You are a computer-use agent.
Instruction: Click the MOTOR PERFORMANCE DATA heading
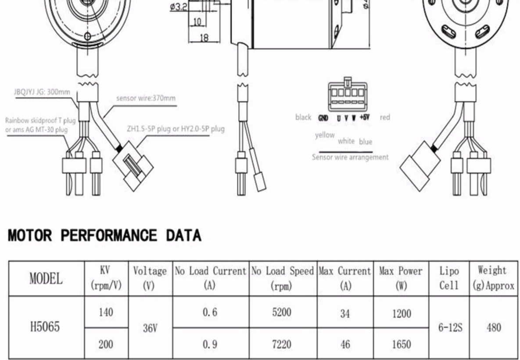[104, 235]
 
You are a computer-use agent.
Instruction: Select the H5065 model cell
[45, 327]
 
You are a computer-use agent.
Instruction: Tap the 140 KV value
[106, 312]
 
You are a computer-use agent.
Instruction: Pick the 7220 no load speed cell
[282, 344]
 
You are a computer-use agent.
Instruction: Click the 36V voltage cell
[150, 328]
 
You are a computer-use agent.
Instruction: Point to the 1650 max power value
[401, 344]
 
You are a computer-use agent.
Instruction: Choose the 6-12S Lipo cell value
[450, 328]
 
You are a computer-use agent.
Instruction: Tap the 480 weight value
[494, 328]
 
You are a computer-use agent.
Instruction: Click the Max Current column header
[345, 278]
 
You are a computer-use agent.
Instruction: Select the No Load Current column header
[211, 278]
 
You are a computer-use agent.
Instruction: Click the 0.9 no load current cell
[210, 344]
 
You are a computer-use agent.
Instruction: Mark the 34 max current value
[345, 314]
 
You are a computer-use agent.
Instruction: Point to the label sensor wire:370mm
[146, 98]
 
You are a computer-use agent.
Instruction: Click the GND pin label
[323, 118]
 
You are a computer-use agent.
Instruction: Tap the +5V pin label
[365, 118]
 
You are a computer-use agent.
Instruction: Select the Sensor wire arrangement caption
[350, 157]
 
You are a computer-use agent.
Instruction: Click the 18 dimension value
[204, 38]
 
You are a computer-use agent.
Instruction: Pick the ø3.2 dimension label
[179, 7]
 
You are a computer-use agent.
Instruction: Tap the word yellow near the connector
[325, 135]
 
